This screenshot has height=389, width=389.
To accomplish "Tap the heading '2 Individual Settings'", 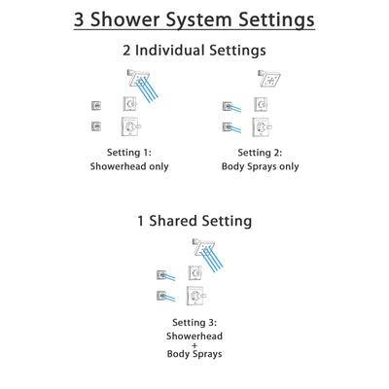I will click(x=194, y=51).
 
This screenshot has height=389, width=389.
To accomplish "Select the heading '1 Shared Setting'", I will click(x=194, y=221).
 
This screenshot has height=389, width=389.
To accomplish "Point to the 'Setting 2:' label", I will click(x=260, y=152).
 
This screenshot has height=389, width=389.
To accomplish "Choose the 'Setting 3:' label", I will click(x=194, y=322).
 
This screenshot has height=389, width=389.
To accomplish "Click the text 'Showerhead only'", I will click(x=129, y=166).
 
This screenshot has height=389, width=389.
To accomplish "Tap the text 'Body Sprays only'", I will click(x=260, y=166).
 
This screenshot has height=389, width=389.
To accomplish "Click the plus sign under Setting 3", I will click(x=194, y=344).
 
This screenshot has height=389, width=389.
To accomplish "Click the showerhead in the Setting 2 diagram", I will click(x=268, y=78).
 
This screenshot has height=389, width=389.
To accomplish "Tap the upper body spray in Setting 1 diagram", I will click(x=96, y=105).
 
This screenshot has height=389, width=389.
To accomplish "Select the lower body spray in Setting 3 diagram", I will click(x=161, y=295).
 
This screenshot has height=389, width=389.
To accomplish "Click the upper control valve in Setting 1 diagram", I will click(x=130, y=104).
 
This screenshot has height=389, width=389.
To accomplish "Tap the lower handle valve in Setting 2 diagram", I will click(x=262, y=126).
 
